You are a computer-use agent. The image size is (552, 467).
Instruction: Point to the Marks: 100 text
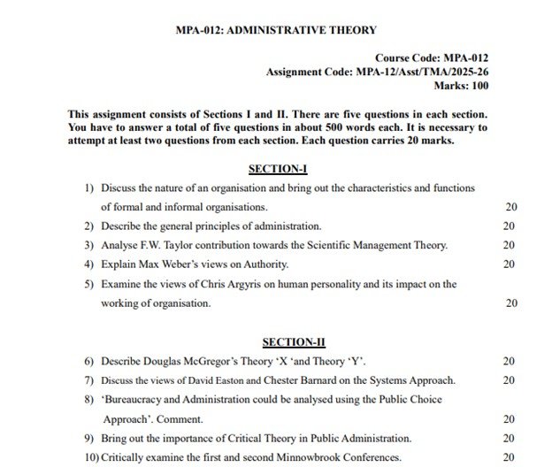tap(460, 86)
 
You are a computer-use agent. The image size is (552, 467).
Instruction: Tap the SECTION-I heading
tap(278, 168)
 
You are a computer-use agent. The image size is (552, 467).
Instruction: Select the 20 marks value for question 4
tap(509, 264)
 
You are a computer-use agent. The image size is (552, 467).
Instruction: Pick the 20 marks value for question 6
tap(509, 361)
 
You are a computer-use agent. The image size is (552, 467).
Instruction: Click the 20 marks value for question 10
tap(509, 457)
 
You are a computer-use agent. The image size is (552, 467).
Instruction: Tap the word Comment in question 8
tap(180, 418)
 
